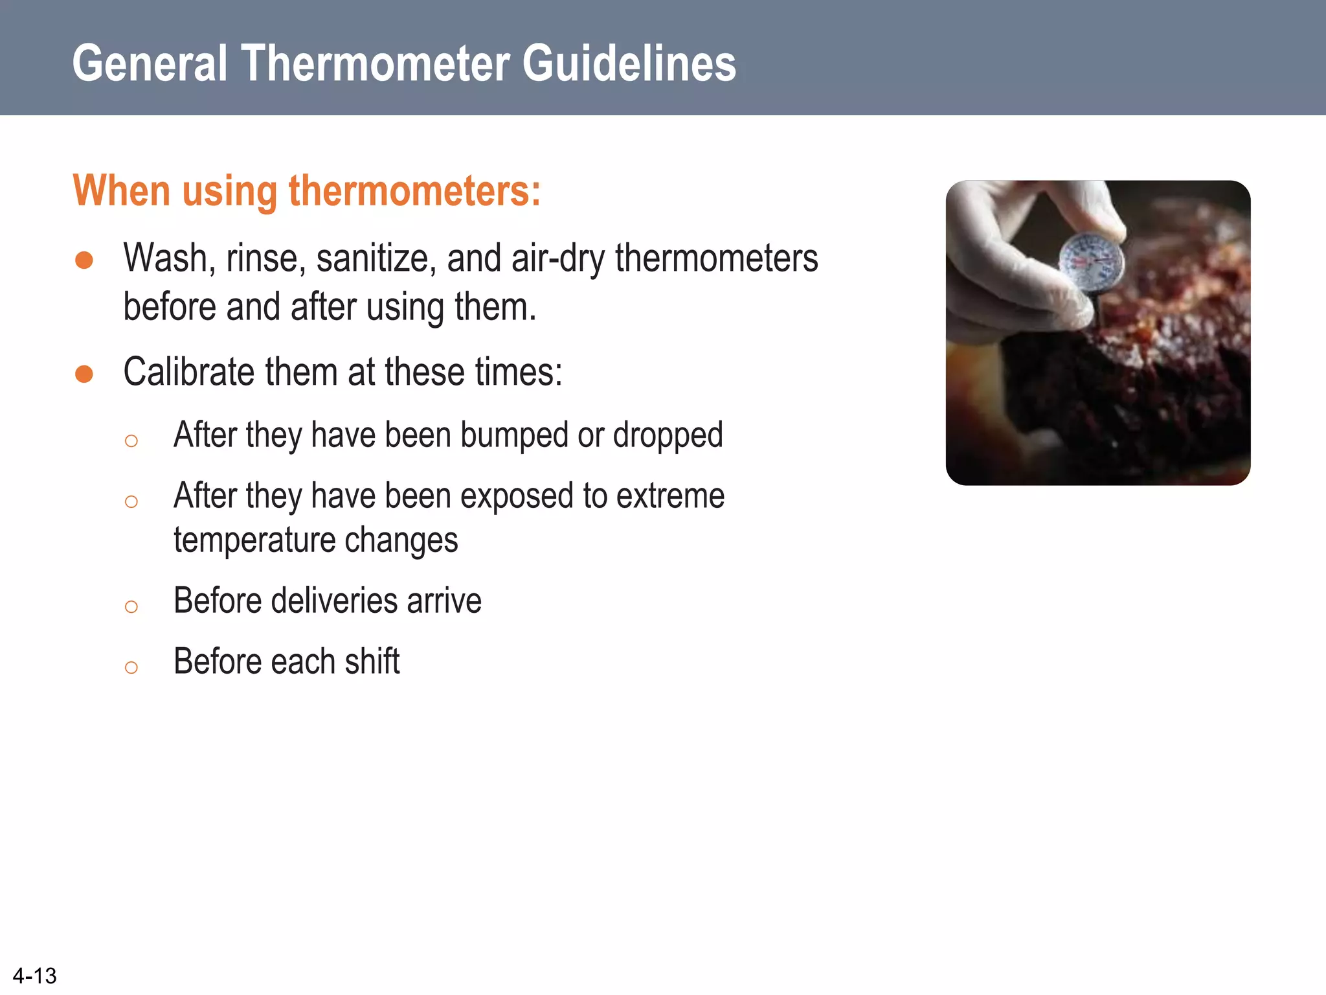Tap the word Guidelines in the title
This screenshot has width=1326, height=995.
click(629, 63)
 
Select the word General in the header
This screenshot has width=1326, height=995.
click(150, 63)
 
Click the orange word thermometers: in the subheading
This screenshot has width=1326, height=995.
click(414, 191)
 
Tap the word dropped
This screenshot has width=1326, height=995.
click(668, 435)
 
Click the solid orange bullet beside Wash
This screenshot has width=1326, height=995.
click(84, 260)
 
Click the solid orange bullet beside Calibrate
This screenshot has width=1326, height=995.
click(84, 374)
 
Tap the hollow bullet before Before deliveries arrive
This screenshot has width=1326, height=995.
click(131, 607)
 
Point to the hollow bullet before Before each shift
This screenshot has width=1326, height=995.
click(131, 668)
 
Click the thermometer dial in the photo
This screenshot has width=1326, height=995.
click(1092, 261)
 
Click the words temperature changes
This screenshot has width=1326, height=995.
click(315, 540)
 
